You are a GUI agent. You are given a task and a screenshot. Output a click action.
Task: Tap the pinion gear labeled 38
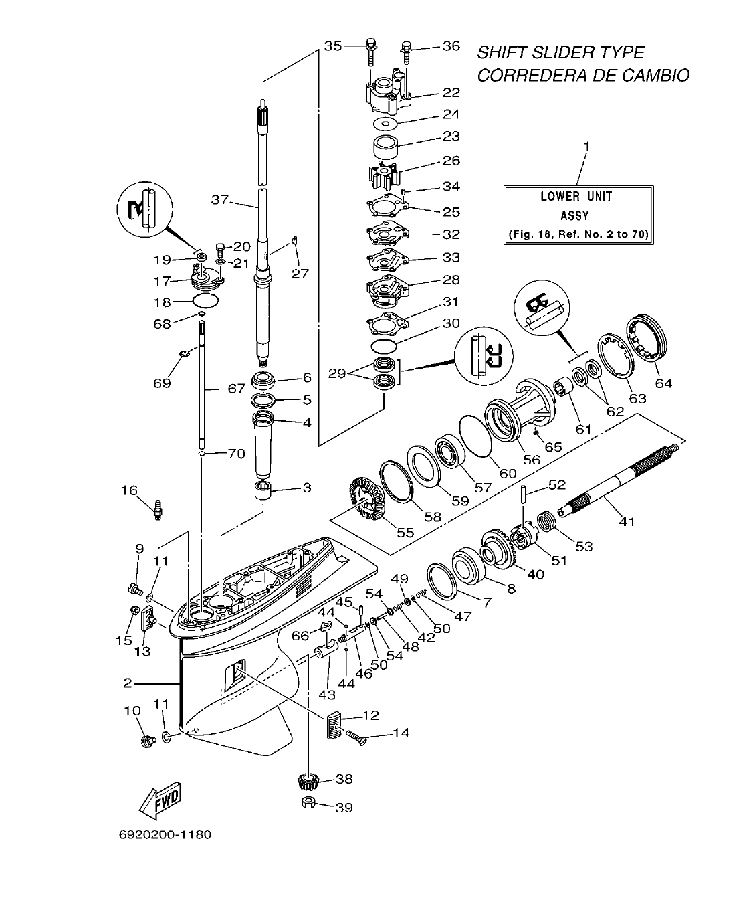point(307,780)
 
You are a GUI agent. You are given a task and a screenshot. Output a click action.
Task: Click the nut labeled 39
point(308,803)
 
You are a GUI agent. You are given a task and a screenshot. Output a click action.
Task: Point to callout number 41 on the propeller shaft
point(628,521)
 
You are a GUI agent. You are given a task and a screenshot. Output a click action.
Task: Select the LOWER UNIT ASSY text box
point(578,215)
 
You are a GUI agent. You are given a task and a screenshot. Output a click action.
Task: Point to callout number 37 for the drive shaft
point(221,199)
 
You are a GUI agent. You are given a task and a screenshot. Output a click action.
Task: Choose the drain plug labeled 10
point(148,740)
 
